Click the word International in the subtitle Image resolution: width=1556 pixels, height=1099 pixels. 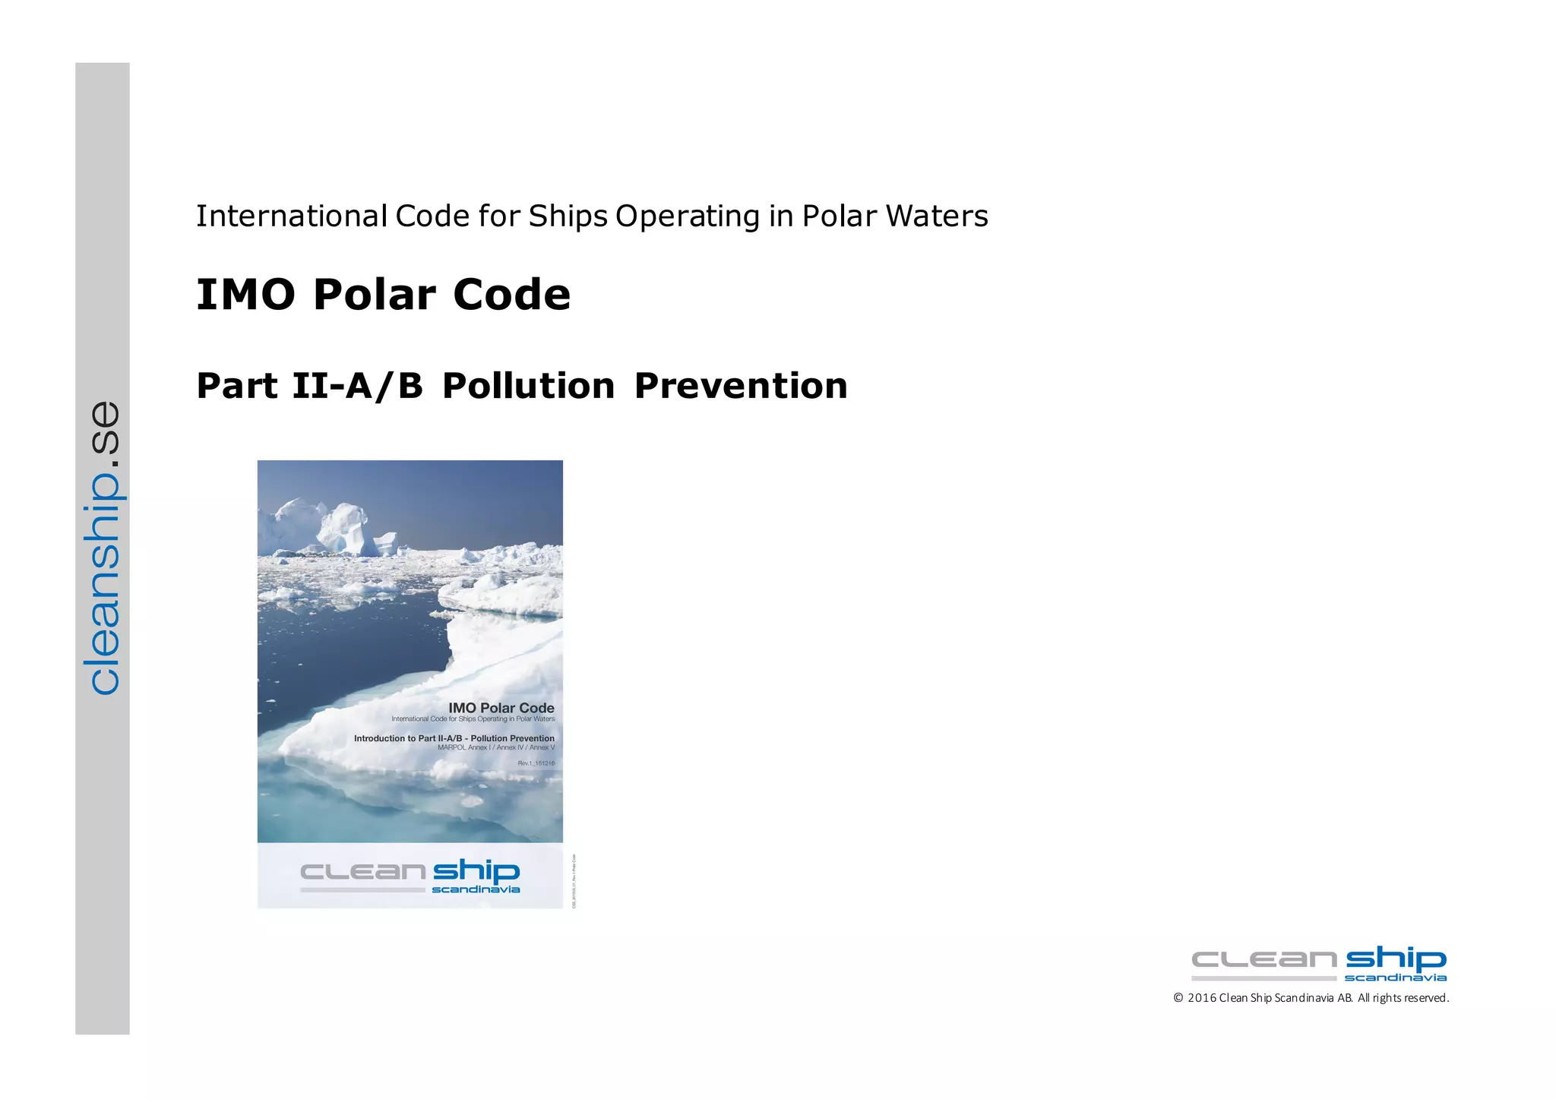point(292,216)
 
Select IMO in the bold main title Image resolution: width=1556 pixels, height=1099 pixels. point(245,295)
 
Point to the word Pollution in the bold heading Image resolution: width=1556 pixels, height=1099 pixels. point(528,386)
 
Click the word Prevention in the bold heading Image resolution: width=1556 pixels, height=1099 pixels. point(741,386)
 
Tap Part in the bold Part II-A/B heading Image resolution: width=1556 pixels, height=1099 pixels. point(236,386)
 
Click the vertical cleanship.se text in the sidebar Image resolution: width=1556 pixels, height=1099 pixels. point(103,547)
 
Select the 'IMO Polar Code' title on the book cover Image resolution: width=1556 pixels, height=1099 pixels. point(501,708)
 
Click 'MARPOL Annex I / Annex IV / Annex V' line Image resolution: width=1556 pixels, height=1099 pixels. point(496,747)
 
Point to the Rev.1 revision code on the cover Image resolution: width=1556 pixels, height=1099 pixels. point(536,763)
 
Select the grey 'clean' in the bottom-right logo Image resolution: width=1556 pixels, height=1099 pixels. point(1263,960)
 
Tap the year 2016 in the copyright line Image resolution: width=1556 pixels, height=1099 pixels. point(1202,998)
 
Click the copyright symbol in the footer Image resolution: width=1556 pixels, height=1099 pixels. point(1178,998)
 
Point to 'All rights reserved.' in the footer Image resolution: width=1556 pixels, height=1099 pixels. point(1403,998)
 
